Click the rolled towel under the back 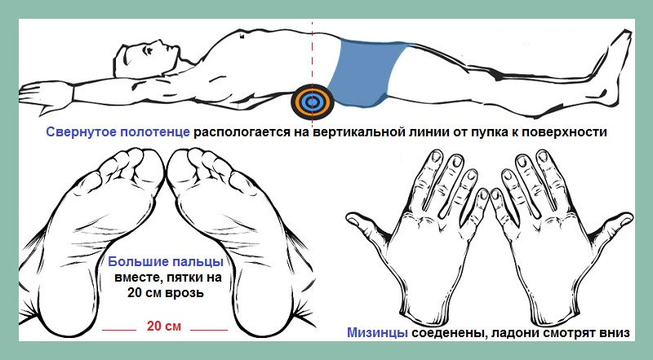[313, 102]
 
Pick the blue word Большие [133, 262]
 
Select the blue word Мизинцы [377, 333]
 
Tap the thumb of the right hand [613, 227]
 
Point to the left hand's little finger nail [482, 194]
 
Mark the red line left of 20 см [119, 330]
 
